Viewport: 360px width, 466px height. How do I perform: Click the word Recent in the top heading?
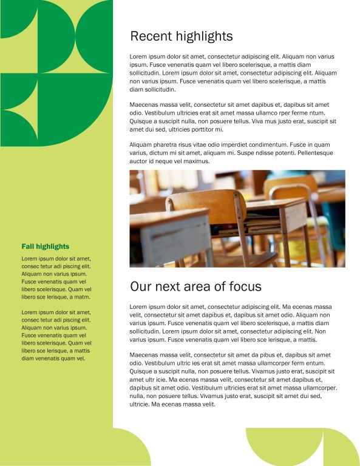151,36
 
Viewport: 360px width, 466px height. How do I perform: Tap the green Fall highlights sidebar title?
46,246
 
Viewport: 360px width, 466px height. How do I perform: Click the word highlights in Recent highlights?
204,36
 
